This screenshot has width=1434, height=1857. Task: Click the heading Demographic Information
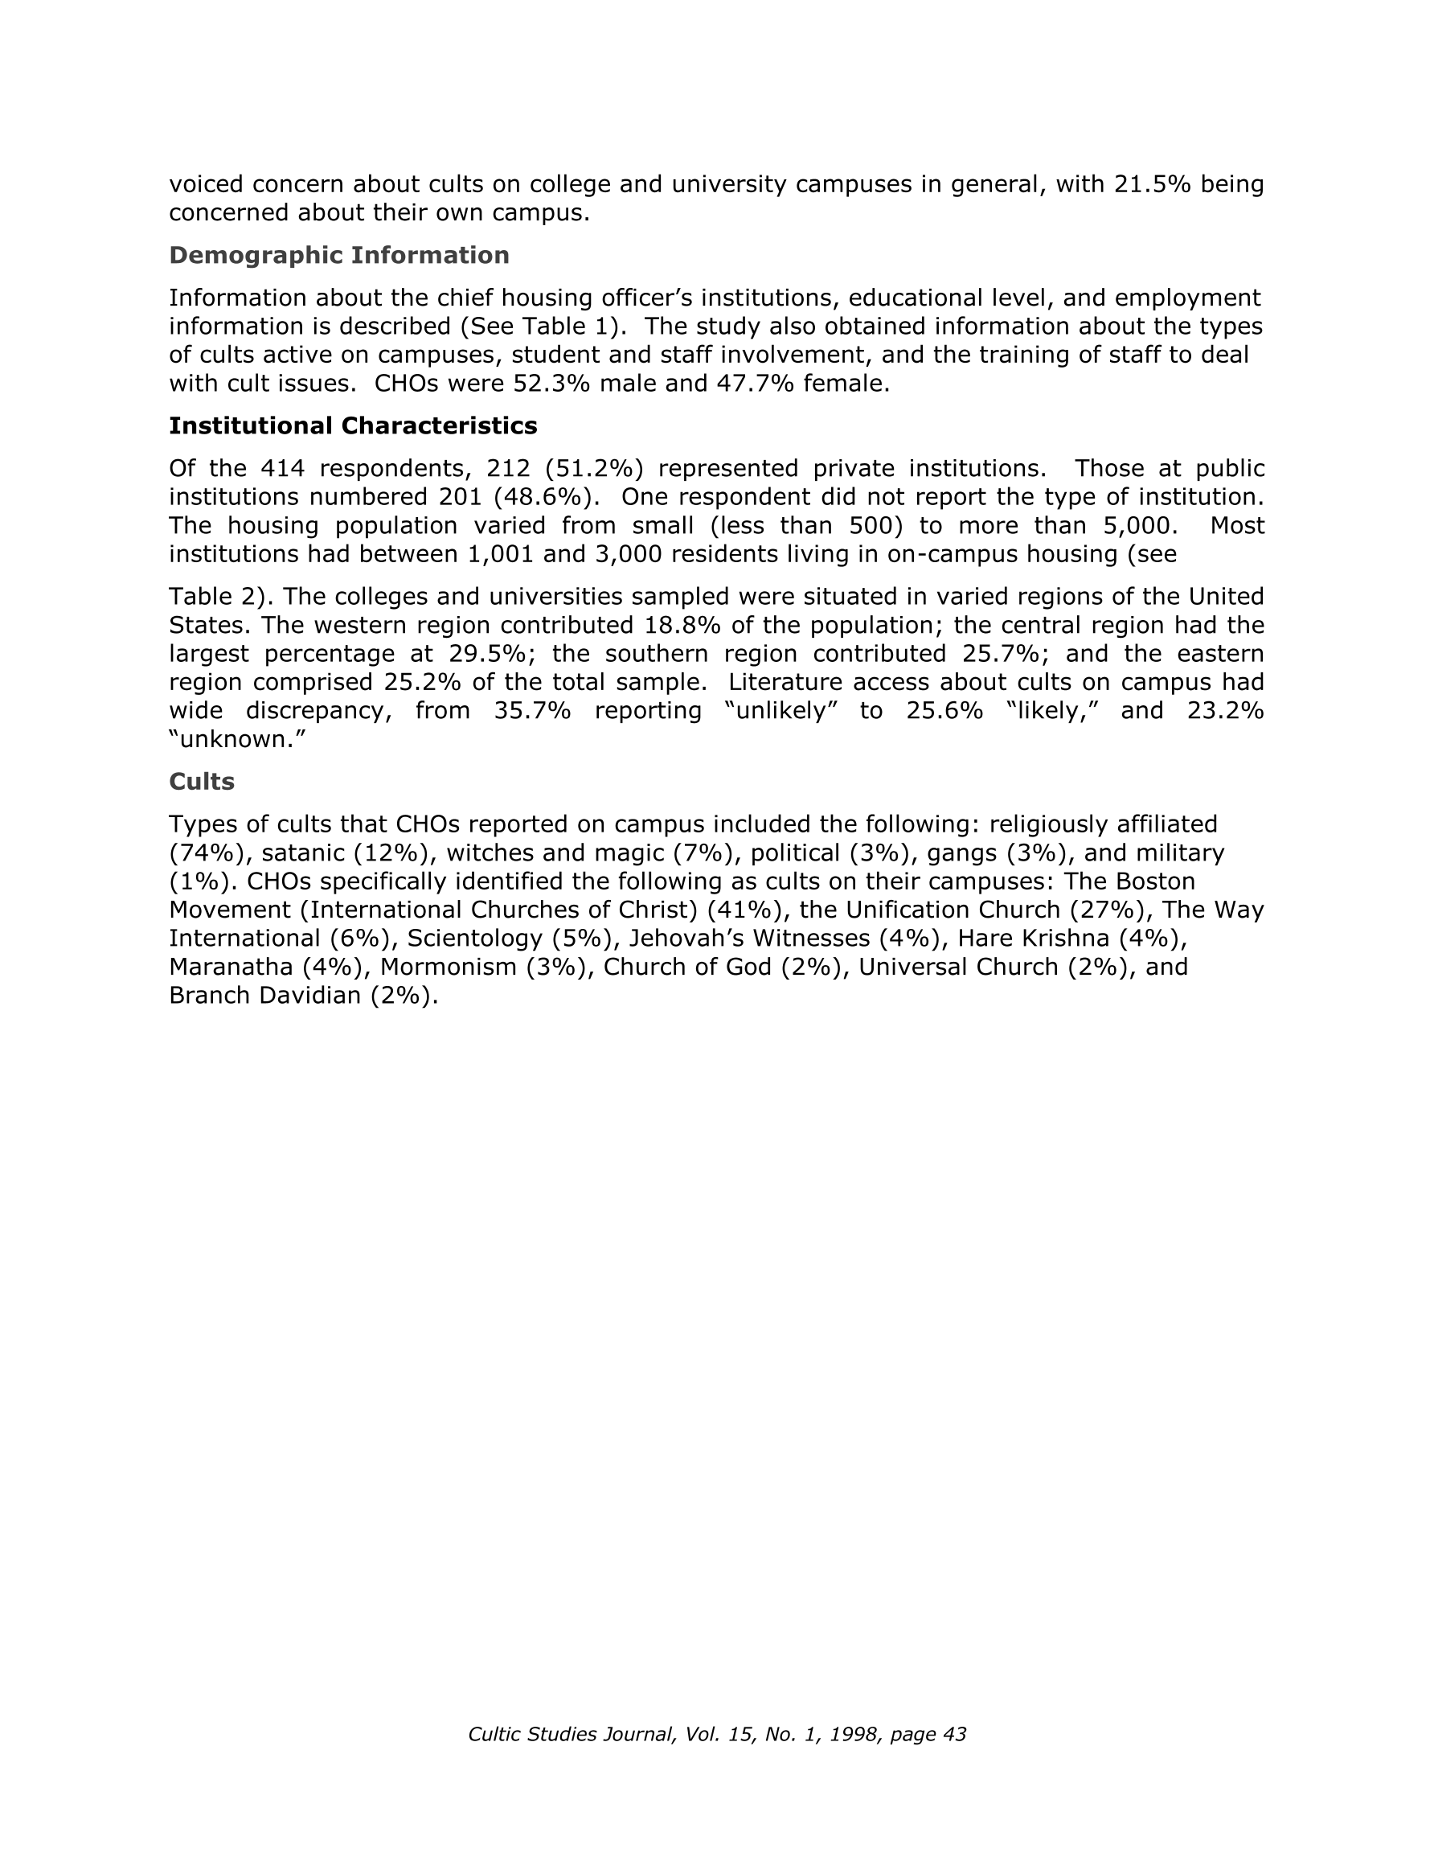click(x=338, y=255)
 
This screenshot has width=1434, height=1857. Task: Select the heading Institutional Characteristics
click(x=353, y=425)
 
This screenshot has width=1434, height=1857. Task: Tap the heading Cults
click(x=202, y=782)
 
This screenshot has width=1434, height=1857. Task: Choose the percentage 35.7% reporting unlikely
click(x=532, y=710)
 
